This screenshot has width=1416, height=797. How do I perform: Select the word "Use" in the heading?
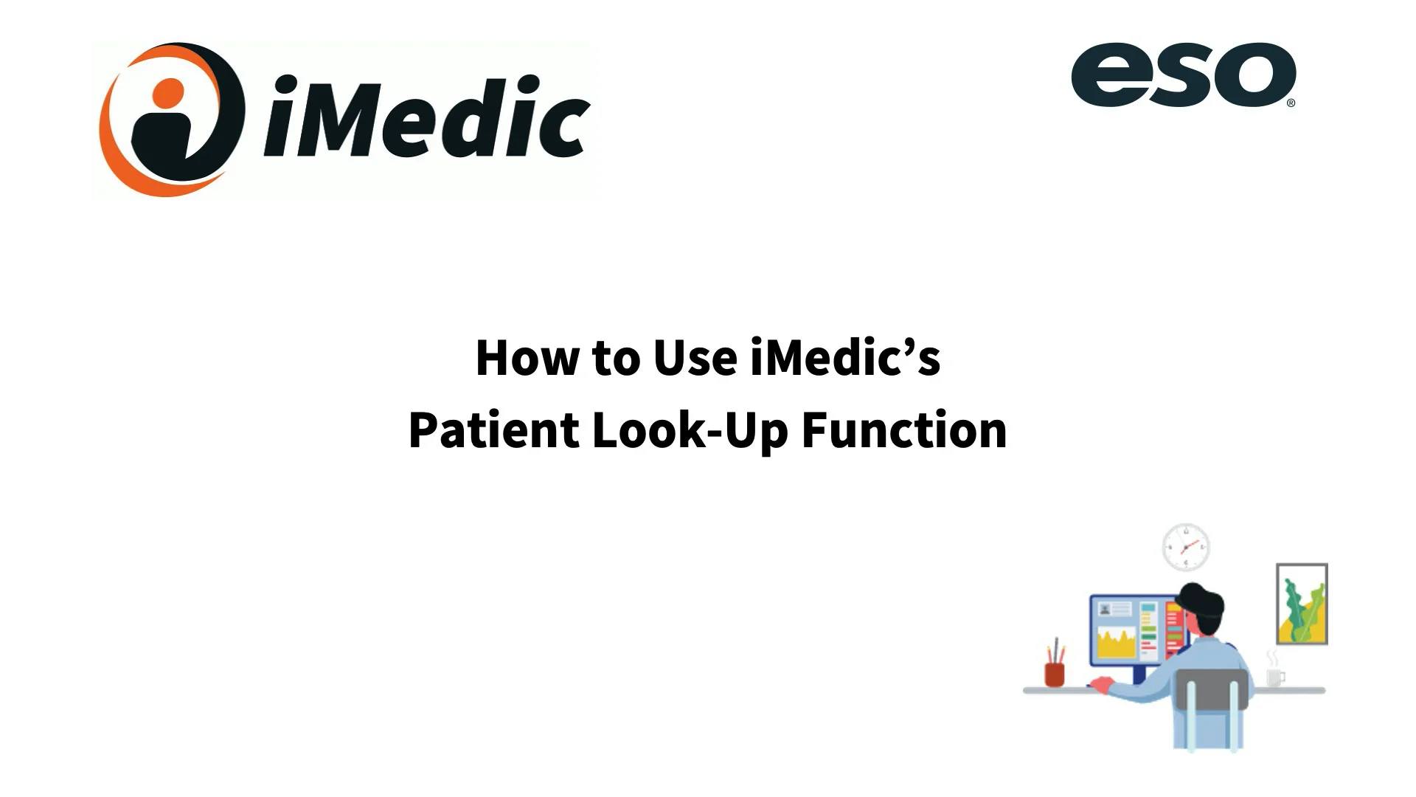[695, 359]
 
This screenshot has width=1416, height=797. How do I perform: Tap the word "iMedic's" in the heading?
[845, 359]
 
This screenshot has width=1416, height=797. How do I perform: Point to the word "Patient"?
[493, 430]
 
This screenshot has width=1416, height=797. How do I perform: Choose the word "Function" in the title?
[903, 430]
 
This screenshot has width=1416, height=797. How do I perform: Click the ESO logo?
[1182, 75]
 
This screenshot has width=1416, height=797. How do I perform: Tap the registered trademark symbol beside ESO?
[1291, 103]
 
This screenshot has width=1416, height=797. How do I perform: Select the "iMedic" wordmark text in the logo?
[427, 118]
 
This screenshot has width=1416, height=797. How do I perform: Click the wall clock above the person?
[1186, 548]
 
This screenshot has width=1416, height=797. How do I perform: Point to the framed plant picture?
[1302, 604]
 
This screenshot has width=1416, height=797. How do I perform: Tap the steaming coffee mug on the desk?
[1274, 675]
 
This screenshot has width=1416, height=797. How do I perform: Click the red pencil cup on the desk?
[1055, 673]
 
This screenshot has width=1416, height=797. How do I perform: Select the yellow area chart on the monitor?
[1116, 644]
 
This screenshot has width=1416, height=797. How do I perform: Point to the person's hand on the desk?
[1100, 685]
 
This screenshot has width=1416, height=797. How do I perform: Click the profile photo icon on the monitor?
[1105, 610]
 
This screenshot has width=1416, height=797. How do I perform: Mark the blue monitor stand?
[1139, 674]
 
